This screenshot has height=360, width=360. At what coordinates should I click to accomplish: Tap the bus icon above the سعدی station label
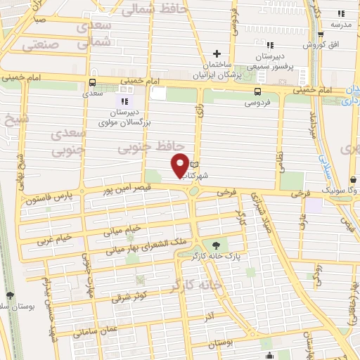92,82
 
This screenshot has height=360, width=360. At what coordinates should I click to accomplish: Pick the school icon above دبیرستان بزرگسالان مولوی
126,101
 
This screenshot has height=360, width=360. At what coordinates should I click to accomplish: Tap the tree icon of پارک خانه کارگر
216,245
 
